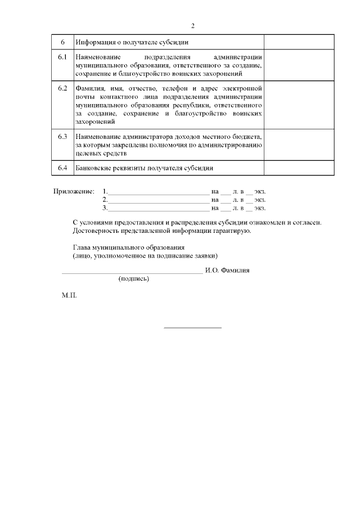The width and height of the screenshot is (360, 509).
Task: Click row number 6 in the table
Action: [x=62, y=42]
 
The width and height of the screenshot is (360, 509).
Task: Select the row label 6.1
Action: [x=62, y=57]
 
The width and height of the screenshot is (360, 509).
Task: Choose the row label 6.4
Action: [x=62, y=168]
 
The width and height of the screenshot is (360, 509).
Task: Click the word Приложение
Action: [x=74, y=191]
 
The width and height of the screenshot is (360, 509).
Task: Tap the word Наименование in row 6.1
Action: [x=96, y=57]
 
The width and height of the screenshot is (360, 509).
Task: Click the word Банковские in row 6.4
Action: [x=94, y=168]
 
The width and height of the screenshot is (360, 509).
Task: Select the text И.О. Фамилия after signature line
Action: [x=227, y=270]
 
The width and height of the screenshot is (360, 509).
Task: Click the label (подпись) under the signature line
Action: [x=133, y=278]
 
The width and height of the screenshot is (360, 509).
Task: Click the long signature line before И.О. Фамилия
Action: [x=132, y=273]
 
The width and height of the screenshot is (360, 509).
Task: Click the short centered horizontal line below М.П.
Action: [x=192, y=327]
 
